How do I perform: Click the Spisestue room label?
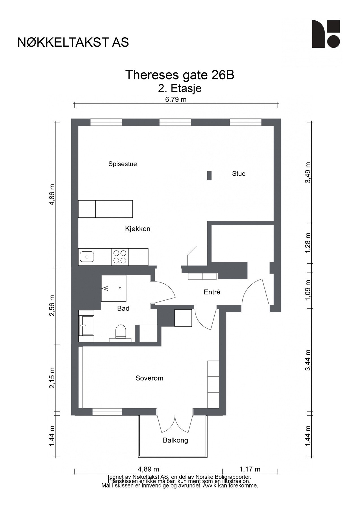(x=122, y=164)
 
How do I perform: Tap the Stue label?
(x=239, y=174)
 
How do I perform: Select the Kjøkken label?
(x=138, y=229)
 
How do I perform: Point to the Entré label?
(x=212, y=292)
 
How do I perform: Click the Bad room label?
(x=123, y=309)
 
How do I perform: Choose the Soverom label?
(x=149, y=378)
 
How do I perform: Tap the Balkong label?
(x=175, y=440)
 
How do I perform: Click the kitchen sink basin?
(x=87, y=257)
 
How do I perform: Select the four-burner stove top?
(x=120, y=257)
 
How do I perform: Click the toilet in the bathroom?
(x=120, y=332)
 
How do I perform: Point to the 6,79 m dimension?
(x=176, y=99)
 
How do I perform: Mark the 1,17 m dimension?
(x=250, y=469)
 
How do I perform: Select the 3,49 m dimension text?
(x=308, y=172)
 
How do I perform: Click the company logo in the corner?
(x=326, y=34)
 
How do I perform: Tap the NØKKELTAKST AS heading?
(x=73, y=42)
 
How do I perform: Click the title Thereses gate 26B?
(x=180, y=75)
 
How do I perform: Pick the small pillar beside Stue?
(x=209, y=176)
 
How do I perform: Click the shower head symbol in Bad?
(x=105, y=288)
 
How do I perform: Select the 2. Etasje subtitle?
(x=180, y=89)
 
